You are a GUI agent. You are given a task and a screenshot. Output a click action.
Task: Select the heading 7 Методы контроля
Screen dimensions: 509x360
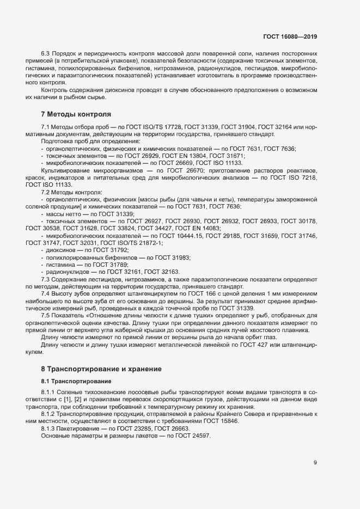pyautogui.click(x=76, y=114)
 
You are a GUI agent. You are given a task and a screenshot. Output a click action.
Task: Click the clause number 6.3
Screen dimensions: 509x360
pyautogui.click(x=46, y=53)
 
